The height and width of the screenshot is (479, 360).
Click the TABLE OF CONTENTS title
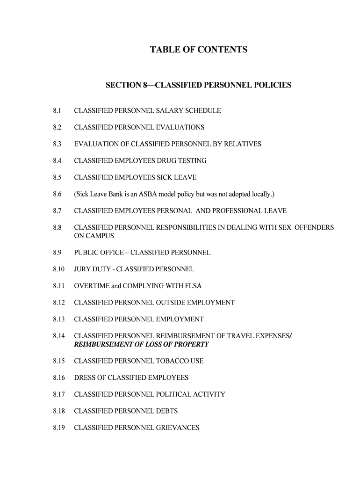[x=198, y=50]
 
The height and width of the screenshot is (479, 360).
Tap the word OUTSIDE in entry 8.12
[x=170, y=303]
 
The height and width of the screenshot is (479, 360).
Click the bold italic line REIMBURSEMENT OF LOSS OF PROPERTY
[x=141, y=345]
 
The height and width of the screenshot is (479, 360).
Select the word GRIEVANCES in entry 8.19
[x=177, y=428]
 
